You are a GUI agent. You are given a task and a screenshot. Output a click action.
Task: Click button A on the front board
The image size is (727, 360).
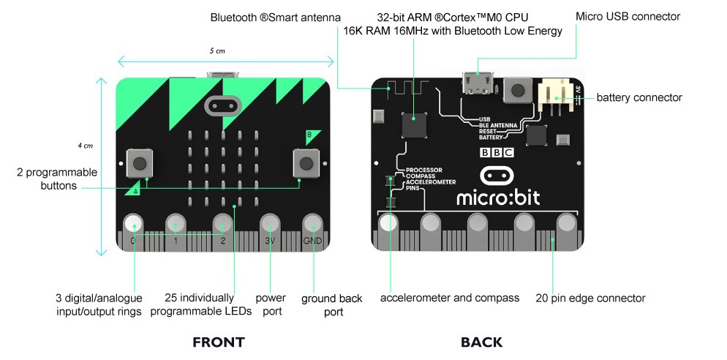click(139, 163)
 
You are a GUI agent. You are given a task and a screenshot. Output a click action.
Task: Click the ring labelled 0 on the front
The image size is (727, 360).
click(134, 224)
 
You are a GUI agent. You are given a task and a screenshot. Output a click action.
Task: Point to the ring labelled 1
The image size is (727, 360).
click(176, 224)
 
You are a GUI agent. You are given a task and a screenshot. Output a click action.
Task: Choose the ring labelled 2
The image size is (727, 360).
click(223, 224)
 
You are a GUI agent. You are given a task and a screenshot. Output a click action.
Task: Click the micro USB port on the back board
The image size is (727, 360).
click(477, 83)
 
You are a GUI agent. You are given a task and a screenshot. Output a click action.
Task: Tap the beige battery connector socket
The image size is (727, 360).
click(556, 96)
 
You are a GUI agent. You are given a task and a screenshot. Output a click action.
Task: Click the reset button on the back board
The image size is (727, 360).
click(517, 89)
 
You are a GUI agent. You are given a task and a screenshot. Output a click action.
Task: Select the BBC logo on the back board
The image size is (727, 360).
click(496, 153)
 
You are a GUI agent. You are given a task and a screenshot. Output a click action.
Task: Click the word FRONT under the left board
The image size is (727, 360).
click(219, 342)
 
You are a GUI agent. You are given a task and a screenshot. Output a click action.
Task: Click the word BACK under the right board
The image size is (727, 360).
click(481, 342)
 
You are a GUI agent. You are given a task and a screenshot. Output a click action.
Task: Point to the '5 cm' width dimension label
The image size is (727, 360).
click(217, 50)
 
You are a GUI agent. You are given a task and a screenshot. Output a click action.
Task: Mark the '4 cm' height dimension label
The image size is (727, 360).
click(86, 146)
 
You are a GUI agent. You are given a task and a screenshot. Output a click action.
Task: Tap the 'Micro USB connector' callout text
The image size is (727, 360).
click(628, 17)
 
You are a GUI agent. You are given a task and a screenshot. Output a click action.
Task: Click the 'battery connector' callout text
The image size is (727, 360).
click(639, 98)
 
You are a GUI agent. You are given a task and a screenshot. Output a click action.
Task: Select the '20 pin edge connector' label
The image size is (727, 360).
click(590, 298)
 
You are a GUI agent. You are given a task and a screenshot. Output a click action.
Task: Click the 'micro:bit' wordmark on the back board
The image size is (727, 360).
click(498, 197)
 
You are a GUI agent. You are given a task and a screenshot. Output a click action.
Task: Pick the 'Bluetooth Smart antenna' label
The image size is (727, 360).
click(276, 18)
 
